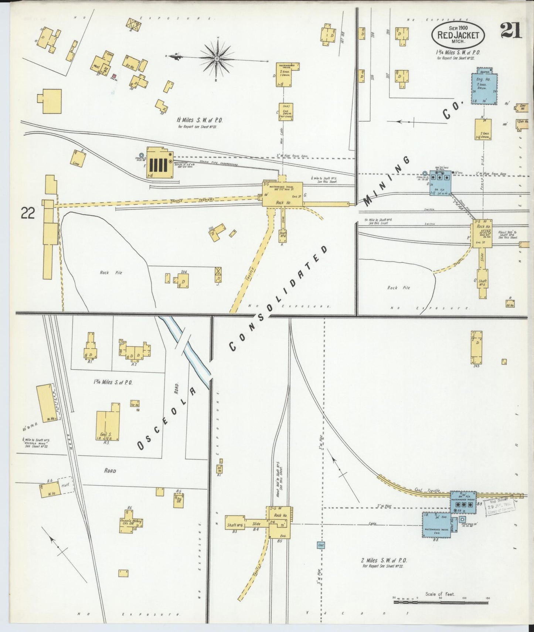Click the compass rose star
(217, 58)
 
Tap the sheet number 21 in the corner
(511, 31)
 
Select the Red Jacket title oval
(458, 35)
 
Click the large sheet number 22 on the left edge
(28, 213)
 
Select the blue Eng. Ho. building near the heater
(484, 89)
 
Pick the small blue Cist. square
(321, 545)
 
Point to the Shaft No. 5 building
(483, 283)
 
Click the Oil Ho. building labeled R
(510, 304)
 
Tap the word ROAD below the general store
(110, 471)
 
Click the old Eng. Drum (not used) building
(286, 112)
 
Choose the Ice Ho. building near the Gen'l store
(135, 404)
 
